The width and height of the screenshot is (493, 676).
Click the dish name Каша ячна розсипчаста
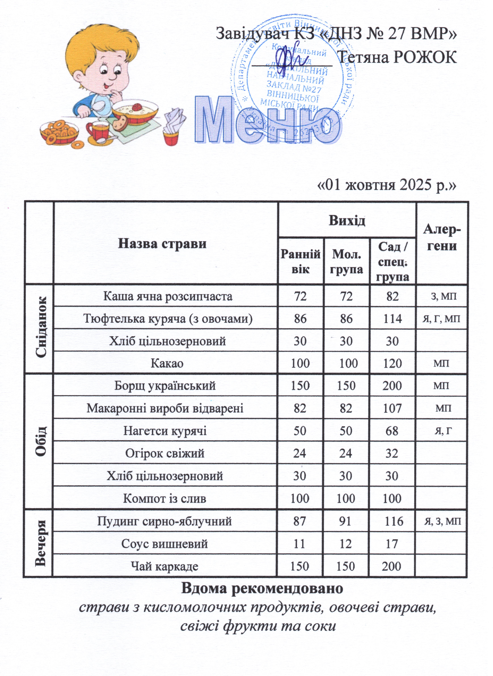click(168, 296)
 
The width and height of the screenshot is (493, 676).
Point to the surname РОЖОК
click(425, 57)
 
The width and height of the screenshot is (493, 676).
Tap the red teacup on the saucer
click(98, 131)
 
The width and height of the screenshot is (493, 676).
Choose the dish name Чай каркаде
click(164, 566)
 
